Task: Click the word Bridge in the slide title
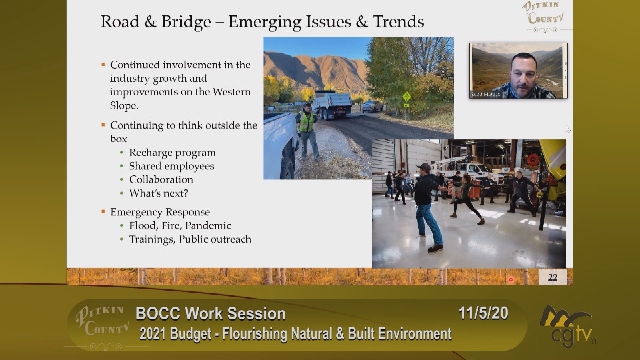pyautogui.click(x=186, y=22)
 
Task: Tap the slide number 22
pyautogui.click(x=552, y=277)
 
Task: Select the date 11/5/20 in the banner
pyautogui.click(x=483, y=313)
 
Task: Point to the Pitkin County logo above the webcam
pyautogui.click(x=545, y=16)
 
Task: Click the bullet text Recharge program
pyautogui.click(x=172, y=153)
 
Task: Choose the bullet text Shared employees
pyautogui.click(x=172, y=166)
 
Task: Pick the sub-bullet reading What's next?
pyautogui.click(x=159, y=193)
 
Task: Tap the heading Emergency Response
pyautogui.click(x=160, y=212)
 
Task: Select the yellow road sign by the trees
pyautogui.click(x=406, y=98)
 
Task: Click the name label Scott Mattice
pyautogui.click(x=486, y=94)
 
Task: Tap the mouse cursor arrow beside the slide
pyautogui.click(x=568, y=129)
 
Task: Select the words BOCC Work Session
pyautogui.click(x=211, y=314)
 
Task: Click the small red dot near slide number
pyautogui.click(x=511, y=280)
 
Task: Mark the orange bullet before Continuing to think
pyautogui.click(x=103, y=125)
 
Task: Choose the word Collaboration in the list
pyautogui.click(x=161, y=180)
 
